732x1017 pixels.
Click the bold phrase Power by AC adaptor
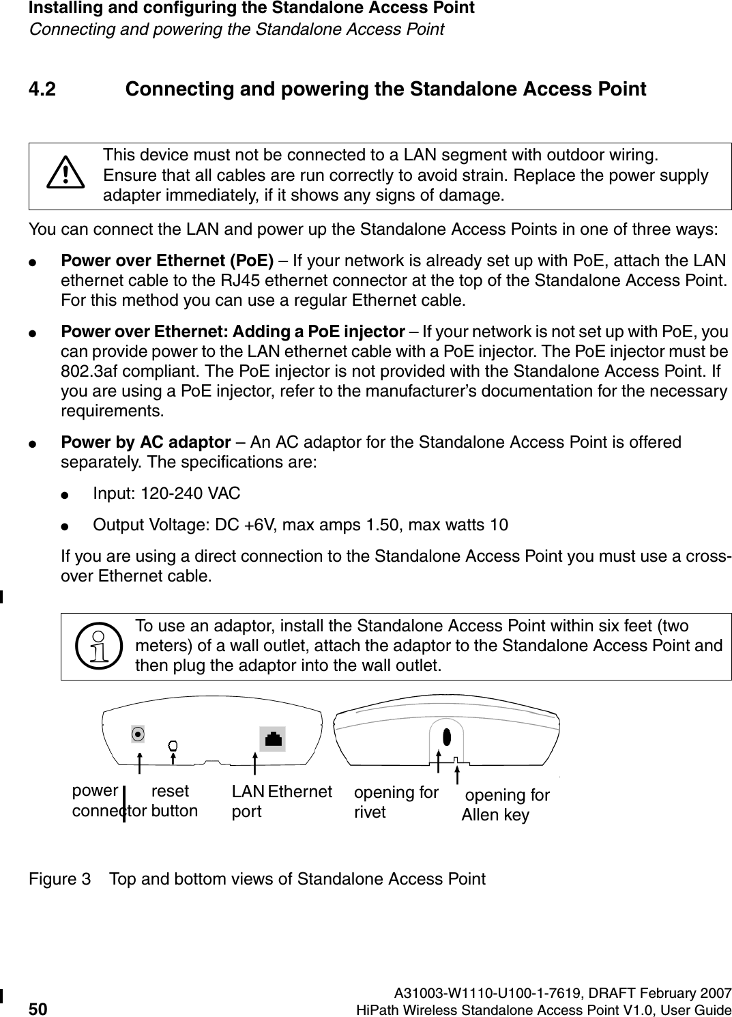point(145,442)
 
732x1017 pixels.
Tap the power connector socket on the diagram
point(138,734)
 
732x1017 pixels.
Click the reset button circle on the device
point(173,744)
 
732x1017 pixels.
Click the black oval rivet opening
point(447,738)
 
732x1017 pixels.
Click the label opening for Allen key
point(506,805)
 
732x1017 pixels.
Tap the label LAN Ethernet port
point(281,802)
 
